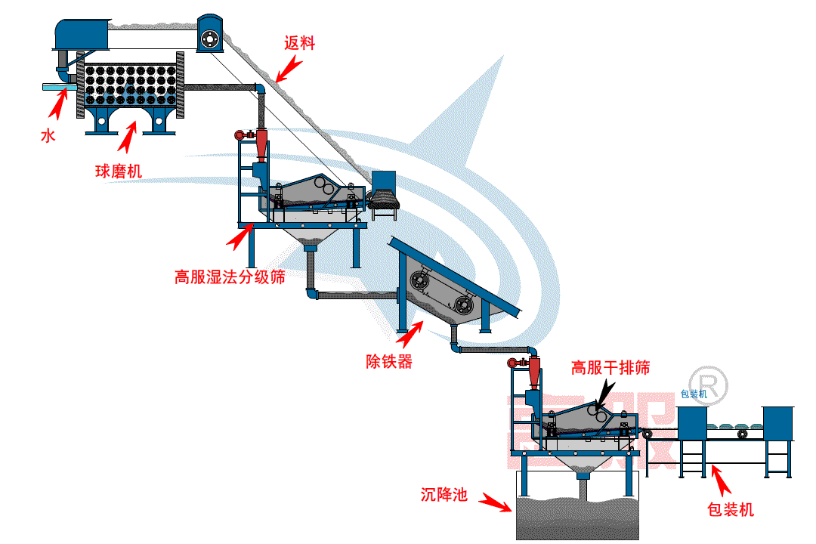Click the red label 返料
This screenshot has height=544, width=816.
[299, 44]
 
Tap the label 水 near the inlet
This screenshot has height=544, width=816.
[48, 137]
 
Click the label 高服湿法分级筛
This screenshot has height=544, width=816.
[230, 277]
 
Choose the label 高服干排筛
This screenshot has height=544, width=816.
[610, 368]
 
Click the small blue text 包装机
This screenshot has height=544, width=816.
[694, 394]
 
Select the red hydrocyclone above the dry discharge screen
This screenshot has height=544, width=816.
[534, 369]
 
